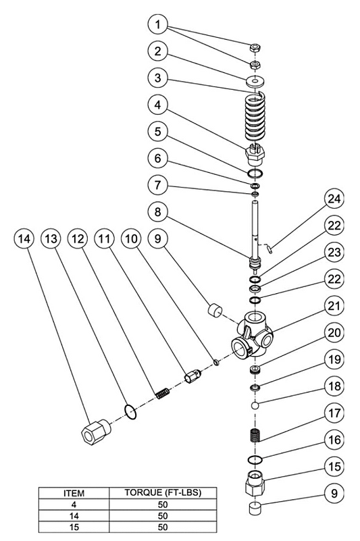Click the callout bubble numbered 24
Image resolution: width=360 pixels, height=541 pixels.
334,199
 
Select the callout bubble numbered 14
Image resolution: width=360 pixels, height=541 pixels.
24,239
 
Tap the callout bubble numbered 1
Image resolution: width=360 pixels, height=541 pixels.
158,24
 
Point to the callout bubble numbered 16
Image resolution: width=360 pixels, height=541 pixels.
334,440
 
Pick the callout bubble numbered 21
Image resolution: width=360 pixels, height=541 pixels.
334,307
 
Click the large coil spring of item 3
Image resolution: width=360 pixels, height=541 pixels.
255,116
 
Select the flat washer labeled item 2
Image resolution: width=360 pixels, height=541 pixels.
255,81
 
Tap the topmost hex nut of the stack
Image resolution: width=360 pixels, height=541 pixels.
255,47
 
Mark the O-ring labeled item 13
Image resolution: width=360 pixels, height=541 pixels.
130,411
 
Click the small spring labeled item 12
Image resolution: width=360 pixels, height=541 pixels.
163,394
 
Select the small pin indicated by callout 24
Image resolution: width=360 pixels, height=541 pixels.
270,249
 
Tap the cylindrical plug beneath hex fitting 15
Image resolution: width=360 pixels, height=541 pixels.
255,509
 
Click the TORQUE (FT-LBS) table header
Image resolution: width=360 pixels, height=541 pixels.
163,492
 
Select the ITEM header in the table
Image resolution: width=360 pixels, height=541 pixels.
74,493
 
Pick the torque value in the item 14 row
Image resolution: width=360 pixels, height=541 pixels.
163,516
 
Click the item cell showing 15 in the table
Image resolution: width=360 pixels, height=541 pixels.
74,527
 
